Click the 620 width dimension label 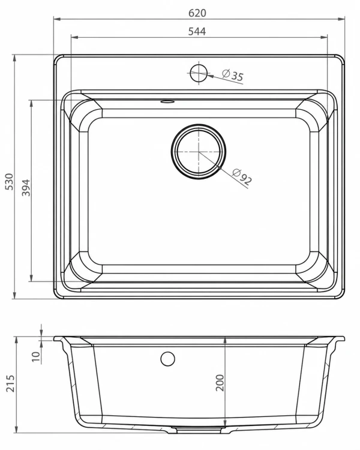point(197,13)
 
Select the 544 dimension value point(197,31)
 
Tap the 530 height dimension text point(10,181)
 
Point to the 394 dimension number point(26,187)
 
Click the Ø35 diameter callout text point(233,75)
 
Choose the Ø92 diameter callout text point(242,176)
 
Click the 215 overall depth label point(10,383)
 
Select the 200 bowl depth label point(220,383)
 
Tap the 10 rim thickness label point(36,356)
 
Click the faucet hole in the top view point(199,73)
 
